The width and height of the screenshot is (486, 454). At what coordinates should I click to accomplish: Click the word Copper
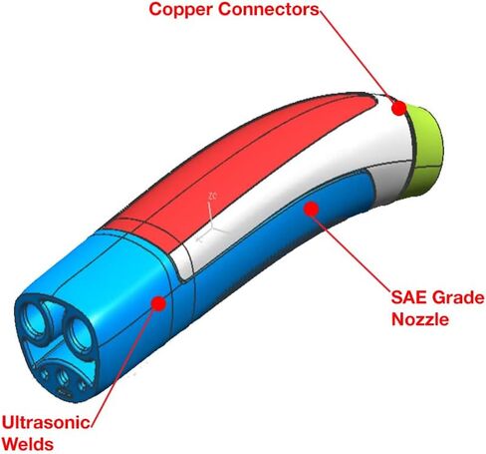pyautogui.click(x=181, y=10)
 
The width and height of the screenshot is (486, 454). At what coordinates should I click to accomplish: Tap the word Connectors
pyautogui.click(x=269, y=9)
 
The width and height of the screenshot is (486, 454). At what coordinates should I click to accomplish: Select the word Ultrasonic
pyautogui.click(x=46, y=422)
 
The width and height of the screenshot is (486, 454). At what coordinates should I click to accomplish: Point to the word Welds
pyautogui.click(x=29, y=444)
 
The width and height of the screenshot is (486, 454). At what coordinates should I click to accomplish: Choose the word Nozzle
pyautogui.click(x=420, y=319)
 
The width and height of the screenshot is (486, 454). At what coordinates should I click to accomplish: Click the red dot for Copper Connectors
pyautogui.click(x=398, y=108)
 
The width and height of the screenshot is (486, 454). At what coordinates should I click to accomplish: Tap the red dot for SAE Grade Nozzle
pyautogui.click(x=312, y=209)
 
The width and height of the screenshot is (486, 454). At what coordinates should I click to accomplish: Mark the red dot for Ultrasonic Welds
pyautogui.click(x=158, y=303)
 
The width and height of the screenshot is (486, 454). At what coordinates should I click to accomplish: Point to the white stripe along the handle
pyautogui.click(x=299, y=187)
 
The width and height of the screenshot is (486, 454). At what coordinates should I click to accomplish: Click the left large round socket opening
pyautogui.click(x=33, y=322)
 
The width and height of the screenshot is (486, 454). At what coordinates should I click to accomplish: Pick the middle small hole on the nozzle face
pyautogui.click(x=62, y=377)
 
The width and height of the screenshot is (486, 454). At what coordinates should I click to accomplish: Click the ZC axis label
pyautogui.click(x=212, y=196)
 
